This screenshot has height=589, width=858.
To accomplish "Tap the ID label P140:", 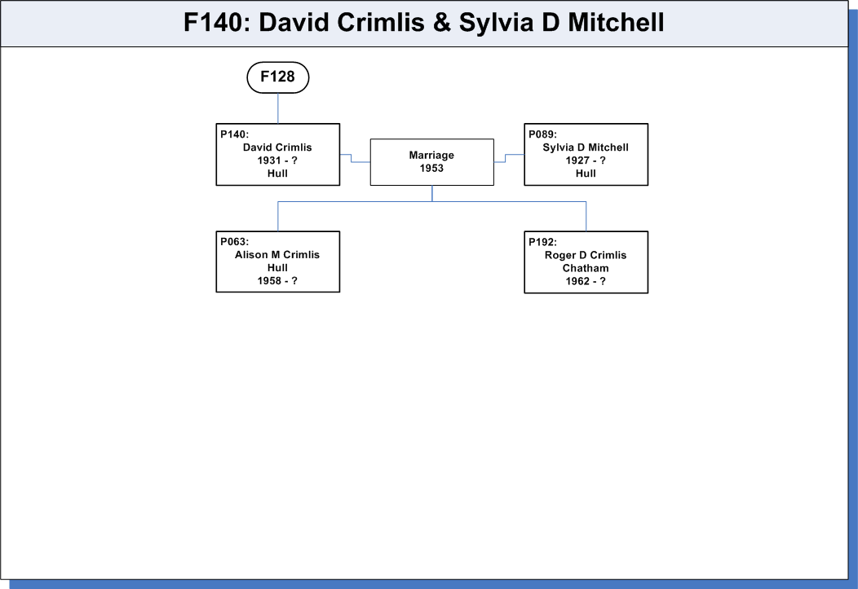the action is (x=234, y=134).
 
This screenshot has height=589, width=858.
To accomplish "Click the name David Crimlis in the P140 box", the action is (x=277, y=147).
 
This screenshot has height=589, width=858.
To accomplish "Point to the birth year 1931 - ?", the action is (x=277, y=160).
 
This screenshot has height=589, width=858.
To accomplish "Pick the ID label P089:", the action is (x=542, y=134).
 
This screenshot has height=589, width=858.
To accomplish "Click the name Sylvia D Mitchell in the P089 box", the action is (x=586, y=147).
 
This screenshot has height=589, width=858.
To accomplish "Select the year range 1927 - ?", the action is (x=586, y=160).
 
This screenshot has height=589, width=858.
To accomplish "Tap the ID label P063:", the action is (x=234, y=242).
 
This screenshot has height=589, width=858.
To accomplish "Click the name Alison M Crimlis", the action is (x=277, y=255).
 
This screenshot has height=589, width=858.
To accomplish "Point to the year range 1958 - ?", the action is (x=277, y=281).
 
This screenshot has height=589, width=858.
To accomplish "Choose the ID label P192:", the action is (x=542, y=242).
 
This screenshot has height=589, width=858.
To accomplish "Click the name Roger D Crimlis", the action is (x=586, y=255).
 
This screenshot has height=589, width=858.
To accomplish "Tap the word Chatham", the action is (x=586, y=268).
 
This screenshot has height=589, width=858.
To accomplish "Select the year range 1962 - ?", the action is (x=586, y=281).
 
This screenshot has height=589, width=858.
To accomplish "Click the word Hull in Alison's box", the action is (x=277, y=268).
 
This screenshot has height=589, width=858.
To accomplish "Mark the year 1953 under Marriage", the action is (x=431, y=169).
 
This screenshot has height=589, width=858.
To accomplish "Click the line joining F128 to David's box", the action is (x=278, y=108).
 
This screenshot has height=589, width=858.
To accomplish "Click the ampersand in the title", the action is (x=441, y=23).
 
